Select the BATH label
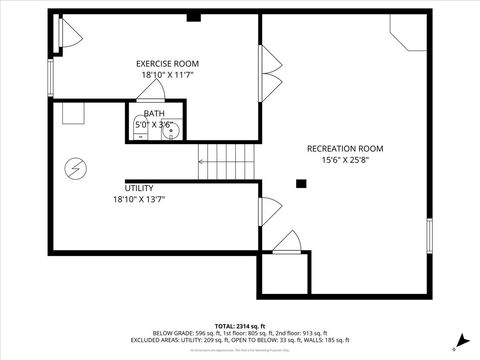pyautogui.click(x=154, y=113)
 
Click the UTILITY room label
pyautogui.click(x=139, y=187)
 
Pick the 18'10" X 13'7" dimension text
pyautogui.click(x=139, y=199)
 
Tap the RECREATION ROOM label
pyautogui.click(x=344, y=148)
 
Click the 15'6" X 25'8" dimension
pyautogui.click(x=344, y=160)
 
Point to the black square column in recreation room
pyautogui.click(x=300, y=182)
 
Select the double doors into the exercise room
pyautogui.click(x=268, y=74)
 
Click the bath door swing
pyautogui.click(x=151, y=89)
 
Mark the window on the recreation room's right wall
pyautogui.click(x=431, y=236)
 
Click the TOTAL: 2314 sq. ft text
pyautogui.click(x=239, y=326)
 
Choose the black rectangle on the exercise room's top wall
pyautogui.click(x=194, y=17)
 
